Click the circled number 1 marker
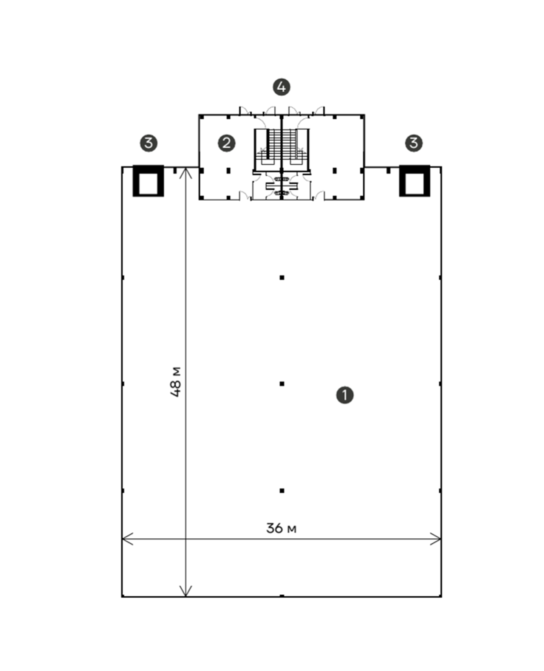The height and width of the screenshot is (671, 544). point(345,395)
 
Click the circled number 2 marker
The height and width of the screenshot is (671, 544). point(227,143)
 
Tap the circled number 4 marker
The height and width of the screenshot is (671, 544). point(281,87)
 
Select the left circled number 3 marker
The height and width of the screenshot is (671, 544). point(149,143)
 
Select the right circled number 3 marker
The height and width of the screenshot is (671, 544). point(414,143)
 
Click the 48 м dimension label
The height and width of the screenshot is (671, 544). point(176,382)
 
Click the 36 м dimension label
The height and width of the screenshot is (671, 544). point(281,528)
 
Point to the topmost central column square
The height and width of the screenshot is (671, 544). point(282,278)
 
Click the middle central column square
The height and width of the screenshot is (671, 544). point(282,384)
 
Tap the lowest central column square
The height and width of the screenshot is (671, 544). point(282,491)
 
